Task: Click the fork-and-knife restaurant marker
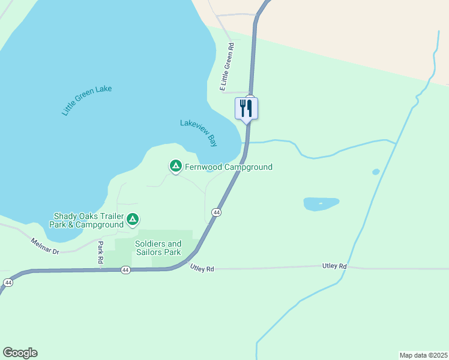(246, 109)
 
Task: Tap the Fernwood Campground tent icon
(175, 166)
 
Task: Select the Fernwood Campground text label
(229, 167)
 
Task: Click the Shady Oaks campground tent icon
(133, 220)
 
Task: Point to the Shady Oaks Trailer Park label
(89, 220)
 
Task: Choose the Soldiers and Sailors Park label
(158, 248)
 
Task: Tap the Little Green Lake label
(86, 100)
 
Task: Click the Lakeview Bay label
(199, 133)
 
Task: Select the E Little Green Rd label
(227, 66)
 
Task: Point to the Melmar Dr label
(45, 245)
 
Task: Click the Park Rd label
(101, 254)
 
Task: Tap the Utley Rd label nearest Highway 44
(202, 269)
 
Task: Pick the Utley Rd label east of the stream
(334, 266)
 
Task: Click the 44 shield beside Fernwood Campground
(216, 212)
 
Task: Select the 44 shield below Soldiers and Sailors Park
(125, 271)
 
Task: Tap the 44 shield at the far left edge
(8, 282)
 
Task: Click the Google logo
(20, 353)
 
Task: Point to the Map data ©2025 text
(423, 355)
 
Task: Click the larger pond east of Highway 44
(321, 204)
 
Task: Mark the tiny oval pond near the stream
(376, 172)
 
